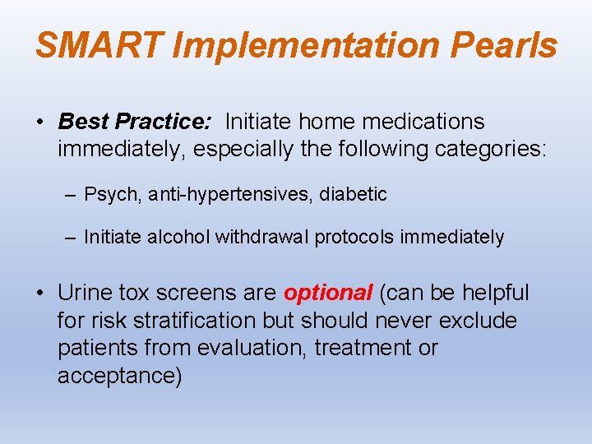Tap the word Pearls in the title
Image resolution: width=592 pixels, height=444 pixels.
coord(505,45)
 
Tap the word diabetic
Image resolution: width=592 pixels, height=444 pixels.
coord(354,195)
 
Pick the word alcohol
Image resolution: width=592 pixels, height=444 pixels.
coord(179,238)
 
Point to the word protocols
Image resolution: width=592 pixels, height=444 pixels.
coord(355,238)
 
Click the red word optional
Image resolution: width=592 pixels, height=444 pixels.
coord(328,293)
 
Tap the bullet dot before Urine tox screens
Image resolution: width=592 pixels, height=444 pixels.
coord(40,294)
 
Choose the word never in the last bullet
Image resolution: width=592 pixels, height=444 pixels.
coord(406,321)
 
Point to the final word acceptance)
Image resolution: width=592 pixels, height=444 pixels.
coord(119,377)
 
